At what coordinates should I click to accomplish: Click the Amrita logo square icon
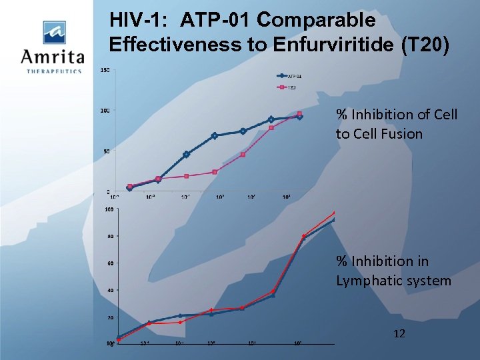pyautogui.click(x=54, y=32)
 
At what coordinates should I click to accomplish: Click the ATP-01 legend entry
pyautogui.click(x=294, y=75)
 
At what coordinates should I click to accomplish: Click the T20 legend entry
pyautogui.click(x=291, y=87)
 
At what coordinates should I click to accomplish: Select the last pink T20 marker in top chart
pyautogui.click(x=299, y=114)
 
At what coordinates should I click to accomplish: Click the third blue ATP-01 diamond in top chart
pyautogui.click(x=186, y=154)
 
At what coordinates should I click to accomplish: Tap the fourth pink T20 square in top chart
pyautogui.click(x=215, y=172)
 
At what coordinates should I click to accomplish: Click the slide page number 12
pyautogui.click(x=399, y=333)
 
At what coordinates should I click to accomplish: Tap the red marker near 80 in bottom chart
pyautogui.click(x=304, y=237)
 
